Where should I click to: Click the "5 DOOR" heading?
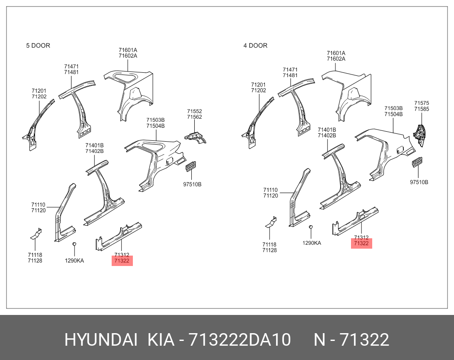pos(38,45)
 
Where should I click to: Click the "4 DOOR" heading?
pos(255,45)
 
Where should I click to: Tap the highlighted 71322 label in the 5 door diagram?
pos(122,261)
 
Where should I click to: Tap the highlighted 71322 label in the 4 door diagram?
pos(361,243)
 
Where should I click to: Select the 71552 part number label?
pos(194,111)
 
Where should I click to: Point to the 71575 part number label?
pos(422,103)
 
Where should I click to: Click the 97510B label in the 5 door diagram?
pos(192,185)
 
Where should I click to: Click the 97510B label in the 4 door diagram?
pos(419,182)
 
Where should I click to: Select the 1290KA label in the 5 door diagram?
pos(74,261)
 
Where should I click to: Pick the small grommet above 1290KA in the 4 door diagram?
pos(311,227)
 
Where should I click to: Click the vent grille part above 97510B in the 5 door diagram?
pos(190,167)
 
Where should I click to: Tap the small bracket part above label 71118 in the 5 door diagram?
pos(36,234)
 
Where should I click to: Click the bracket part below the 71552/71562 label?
pos(195,136)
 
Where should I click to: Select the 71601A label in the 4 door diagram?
pos(336,53)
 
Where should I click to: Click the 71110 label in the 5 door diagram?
pos(39,204)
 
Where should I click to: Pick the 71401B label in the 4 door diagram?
pos(327,130)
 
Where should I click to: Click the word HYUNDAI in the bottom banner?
pos(101,340)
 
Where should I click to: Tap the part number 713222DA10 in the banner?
pos(239,340)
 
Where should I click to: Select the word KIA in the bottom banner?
pos(161,340)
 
